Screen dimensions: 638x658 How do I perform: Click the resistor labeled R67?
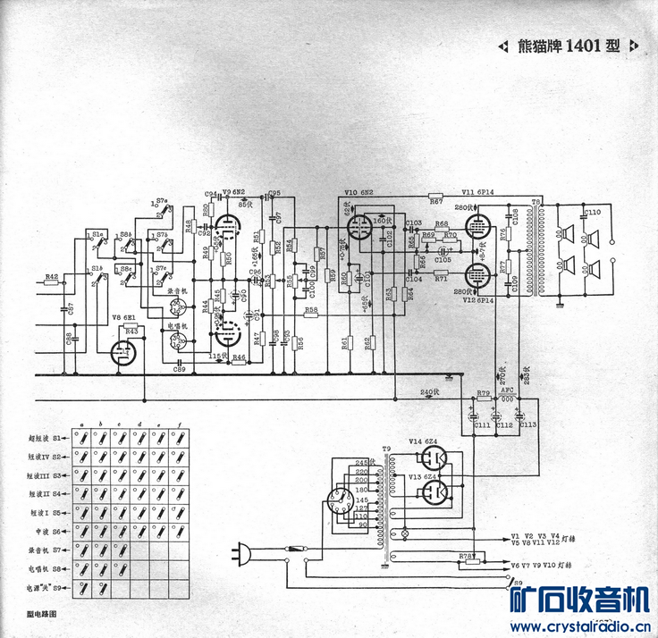[x=434, y=196]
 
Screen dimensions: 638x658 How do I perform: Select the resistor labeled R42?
[x=51, y=287]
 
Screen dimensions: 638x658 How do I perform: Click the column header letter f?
[x=181, y=424]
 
